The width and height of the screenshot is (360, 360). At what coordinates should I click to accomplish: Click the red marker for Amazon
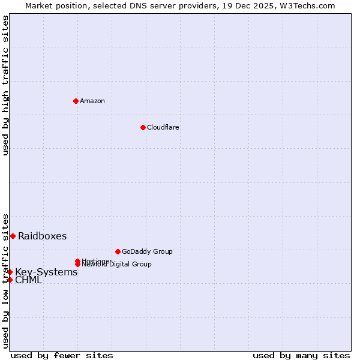click(76, 101)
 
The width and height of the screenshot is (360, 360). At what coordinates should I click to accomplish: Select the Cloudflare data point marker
click(143, 127)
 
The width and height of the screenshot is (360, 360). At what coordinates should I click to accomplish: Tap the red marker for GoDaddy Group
click(118, 251)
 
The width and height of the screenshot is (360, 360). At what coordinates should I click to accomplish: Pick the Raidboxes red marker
click(13, 236)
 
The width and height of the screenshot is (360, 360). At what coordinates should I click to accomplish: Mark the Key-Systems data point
click(10, 272)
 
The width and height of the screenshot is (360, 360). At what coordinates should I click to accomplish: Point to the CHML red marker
click(10, 280)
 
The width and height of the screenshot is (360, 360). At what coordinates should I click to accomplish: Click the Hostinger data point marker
click(77, 261)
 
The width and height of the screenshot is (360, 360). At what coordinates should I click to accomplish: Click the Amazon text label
click(92, 101)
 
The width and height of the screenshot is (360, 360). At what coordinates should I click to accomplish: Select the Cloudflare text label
click(163, 127)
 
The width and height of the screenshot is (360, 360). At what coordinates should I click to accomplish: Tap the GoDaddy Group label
click(147, 251)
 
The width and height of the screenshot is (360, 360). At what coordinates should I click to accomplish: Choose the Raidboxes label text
click(43, 236)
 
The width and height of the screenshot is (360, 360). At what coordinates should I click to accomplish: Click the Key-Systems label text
click(46, 272)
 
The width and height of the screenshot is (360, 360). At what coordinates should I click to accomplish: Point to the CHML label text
click(29, 280)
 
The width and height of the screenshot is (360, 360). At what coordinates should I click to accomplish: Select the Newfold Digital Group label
click(117, 265)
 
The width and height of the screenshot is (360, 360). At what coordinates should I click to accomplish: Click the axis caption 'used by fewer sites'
click(62, 355)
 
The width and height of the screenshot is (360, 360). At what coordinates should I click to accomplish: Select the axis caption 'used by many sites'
click(301, 355)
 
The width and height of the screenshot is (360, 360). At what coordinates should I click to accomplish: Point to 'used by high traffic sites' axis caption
click(5, 85)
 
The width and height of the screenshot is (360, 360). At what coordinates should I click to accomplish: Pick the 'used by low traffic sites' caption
click(5, 281)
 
